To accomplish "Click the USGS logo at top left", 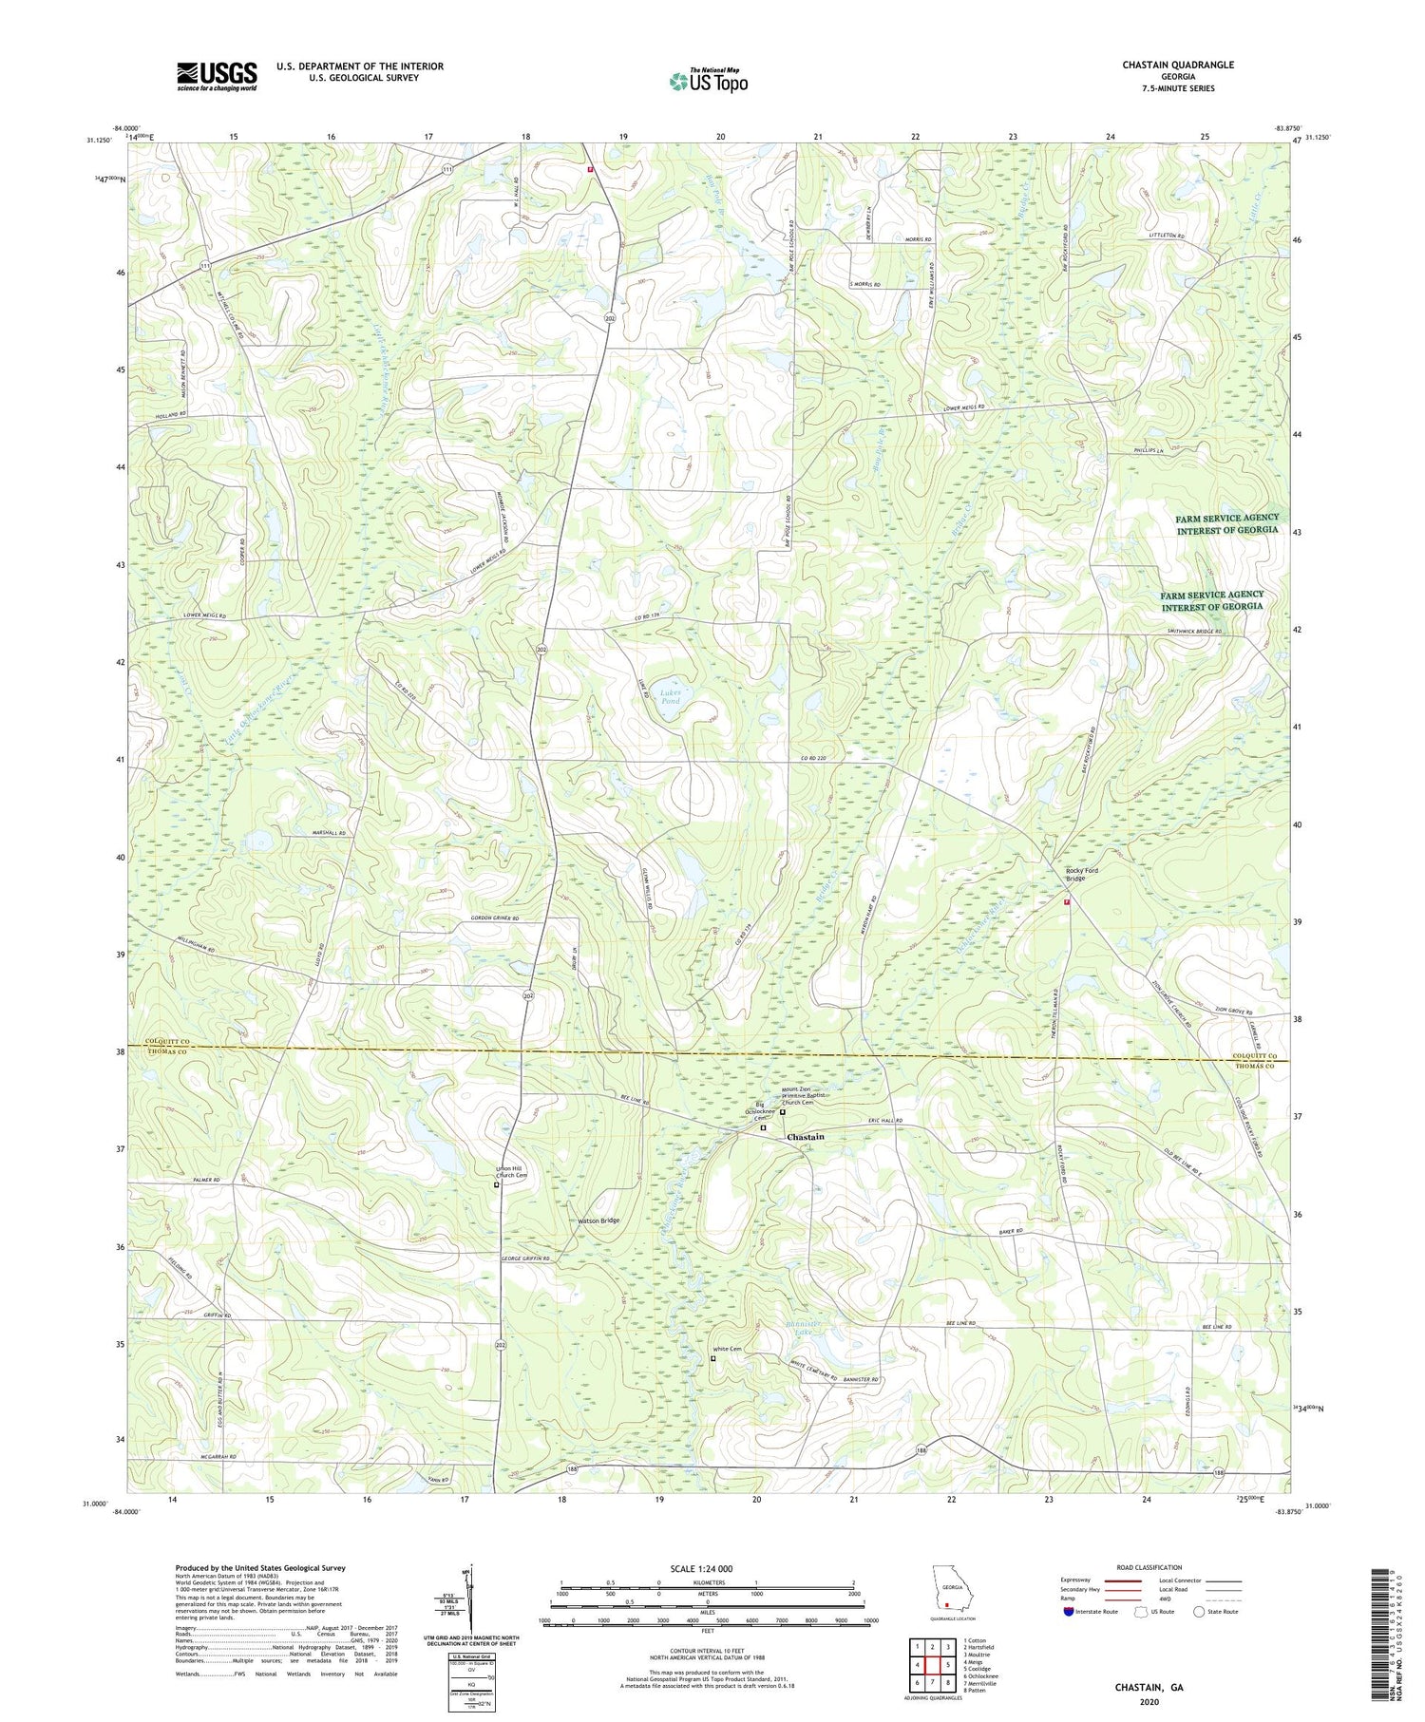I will coord(217,76).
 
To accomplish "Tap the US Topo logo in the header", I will coord(709,82).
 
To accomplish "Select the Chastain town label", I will coord(805,1137).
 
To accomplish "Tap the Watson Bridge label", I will coord(598,1221).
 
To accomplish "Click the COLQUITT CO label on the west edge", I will coord(169,1042).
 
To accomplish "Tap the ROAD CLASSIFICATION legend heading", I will coord(1149,1567).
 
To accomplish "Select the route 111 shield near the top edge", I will coord(446,169).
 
